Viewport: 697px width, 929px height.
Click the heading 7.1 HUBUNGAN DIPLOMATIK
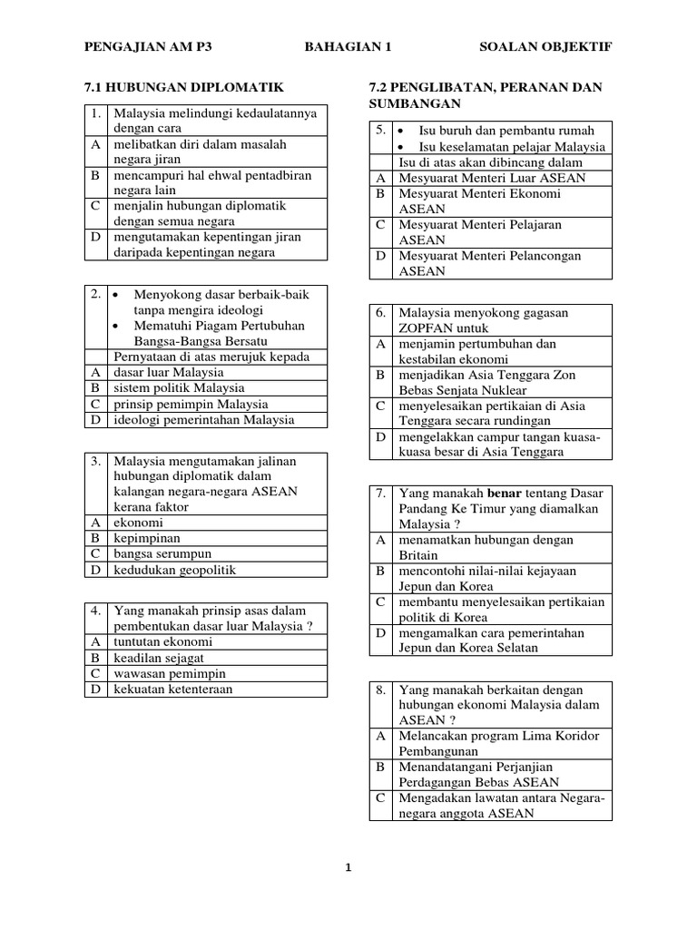[x=184, y=87]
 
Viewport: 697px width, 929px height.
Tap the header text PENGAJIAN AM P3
[x=147, y=47]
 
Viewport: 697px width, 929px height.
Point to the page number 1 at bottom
[x=348, y=867]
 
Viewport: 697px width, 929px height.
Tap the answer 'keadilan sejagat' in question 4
[x=159, y=658]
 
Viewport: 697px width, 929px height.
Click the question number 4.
[x=95, y=611]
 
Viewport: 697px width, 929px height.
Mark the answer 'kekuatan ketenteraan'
[x=172, y=689]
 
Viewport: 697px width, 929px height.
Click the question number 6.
[x=381, y=312]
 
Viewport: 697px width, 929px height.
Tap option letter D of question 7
[x=381, y=632]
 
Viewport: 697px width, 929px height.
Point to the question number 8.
[x=381, y=690]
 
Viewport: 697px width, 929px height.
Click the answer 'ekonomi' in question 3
[x=138, y=523]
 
